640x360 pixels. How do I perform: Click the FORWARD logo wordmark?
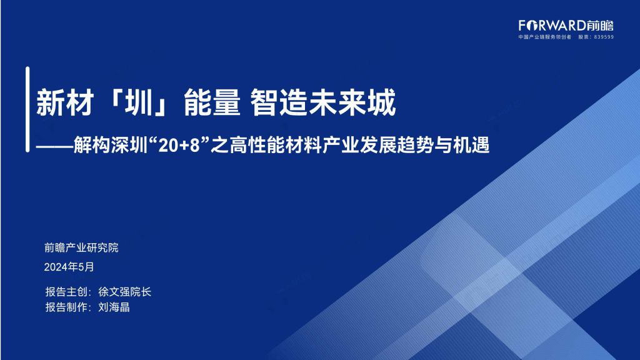(566, 26)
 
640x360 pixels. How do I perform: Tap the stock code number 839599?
(604, 37)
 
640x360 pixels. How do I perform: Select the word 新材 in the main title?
(65, 102)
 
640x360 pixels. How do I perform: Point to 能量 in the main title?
(212, 102)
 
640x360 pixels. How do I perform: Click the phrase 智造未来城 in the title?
(323, 102)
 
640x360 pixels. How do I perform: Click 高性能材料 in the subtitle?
(276, 145)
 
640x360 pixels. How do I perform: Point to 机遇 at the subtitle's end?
(471, 145)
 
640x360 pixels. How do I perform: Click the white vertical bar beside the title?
(27, 109)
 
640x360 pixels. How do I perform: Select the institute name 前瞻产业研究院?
(81, 247)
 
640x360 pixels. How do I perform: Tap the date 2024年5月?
(69, 267)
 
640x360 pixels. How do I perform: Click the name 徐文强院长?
(124, 292)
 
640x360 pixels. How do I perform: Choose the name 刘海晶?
(114, 307)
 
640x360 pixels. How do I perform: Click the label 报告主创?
(66, 292)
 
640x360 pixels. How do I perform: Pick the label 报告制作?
(66, 307)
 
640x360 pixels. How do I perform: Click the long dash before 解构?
(55, 146)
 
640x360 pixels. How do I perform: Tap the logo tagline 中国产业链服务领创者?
(545, 37)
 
